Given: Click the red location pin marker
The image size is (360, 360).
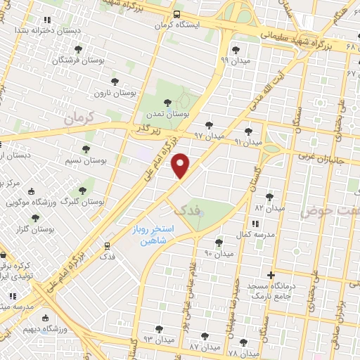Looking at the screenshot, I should [x=181, y=165].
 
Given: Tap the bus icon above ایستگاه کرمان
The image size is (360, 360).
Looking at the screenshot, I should [x=176, y=13].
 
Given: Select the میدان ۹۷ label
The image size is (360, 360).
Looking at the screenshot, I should [x=208, y=134].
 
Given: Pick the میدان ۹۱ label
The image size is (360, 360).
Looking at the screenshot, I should [x=247, y=141].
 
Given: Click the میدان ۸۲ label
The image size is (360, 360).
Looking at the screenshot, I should [x=269, y=208].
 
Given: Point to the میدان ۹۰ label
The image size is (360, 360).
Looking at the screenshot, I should [x=218, y=252].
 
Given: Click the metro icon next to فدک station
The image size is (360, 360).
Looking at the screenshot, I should [x=107, y=246].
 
